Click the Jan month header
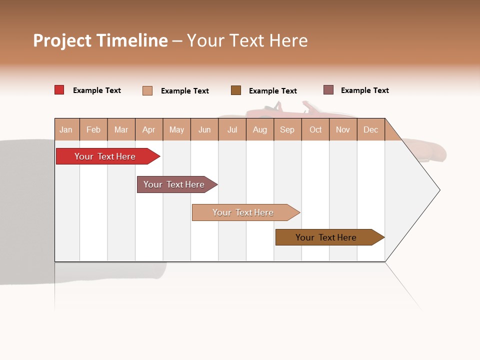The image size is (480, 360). pos(66,129)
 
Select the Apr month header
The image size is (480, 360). pos(148,129)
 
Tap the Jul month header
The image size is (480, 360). pos(232,129)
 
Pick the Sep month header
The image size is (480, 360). pos(287,129)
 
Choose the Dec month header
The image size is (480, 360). pos(370,129)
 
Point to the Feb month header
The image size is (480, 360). pos(93,129)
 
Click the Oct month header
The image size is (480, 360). pos(315,129)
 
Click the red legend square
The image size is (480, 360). pos(59,90)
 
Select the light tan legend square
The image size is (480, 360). pos(147,90)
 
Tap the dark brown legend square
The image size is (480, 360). pos(236,90)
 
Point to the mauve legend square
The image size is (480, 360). pos(328,90)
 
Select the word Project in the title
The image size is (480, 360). pos(62,40)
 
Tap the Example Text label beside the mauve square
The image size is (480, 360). pos(364,90)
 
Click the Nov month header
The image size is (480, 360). pos(343,129)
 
